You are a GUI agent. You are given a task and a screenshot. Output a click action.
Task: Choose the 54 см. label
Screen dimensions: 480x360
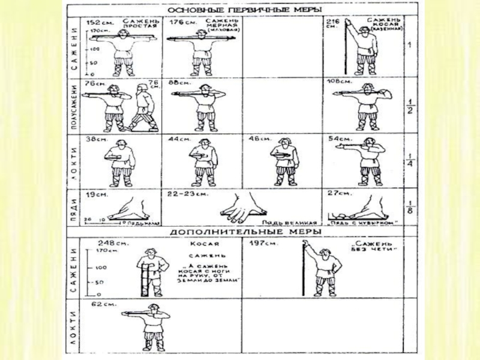pyautogui.click(x=338, y=139)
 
